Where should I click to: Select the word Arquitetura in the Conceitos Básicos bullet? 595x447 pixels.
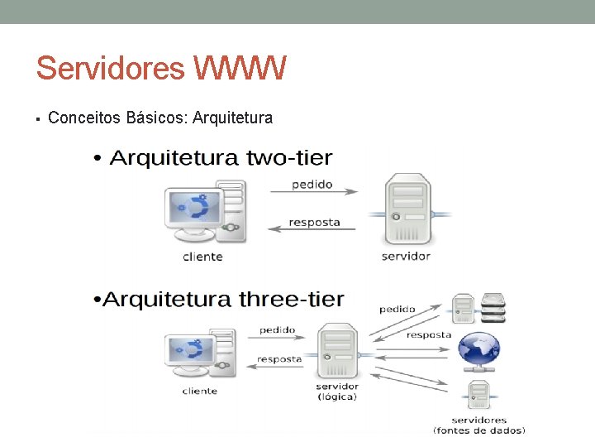(232, 118)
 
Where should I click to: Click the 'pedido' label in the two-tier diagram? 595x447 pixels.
(312, 184)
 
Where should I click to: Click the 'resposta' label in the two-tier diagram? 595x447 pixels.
(314, 221)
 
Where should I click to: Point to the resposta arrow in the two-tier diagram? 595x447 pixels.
(313, 229)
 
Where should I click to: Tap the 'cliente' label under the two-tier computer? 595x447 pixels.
(202, 257)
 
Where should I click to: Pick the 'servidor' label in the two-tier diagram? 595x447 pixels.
(406, 257)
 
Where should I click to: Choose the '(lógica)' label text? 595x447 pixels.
(337, 397)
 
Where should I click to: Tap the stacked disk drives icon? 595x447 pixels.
(493, 309)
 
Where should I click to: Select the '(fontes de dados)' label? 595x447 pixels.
(480, 430)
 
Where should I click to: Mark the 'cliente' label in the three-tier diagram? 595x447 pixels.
(200, 391)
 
